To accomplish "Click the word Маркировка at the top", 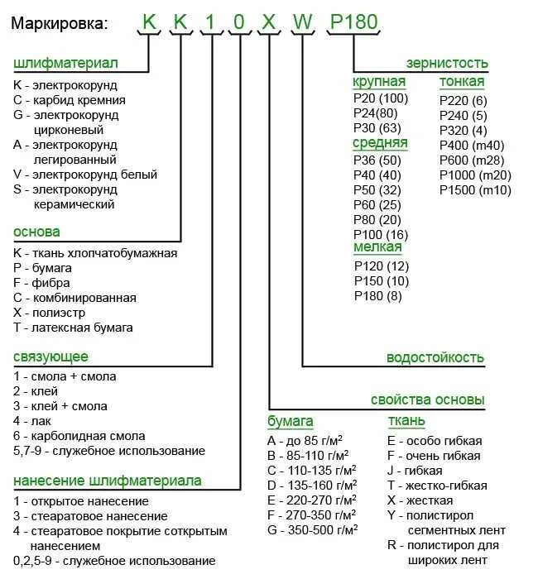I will [60, 23].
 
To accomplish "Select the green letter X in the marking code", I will [269, 22].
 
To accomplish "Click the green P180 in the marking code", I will [354, 22].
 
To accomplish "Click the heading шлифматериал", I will [65, 64].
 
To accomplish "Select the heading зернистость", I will [447, 64].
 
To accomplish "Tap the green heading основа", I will [36, 232].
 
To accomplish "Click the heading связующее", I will [50, 356].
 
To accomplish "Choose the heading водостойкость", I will [435, 358].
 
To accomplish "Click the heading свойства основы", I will [427, 400].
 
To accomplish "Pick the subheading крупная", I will [379, 82].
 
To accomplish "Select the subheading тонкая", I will [462, 82].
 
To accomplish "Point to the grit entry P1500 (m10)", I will [475, 190].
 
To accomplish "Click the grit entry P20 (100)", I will [381, 99].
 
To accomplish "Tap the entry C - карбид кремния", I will [70, 100].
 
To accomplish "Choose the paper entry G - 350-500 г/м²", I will [311, 530].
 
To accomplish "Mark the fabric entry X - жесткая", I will [420, 500].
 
